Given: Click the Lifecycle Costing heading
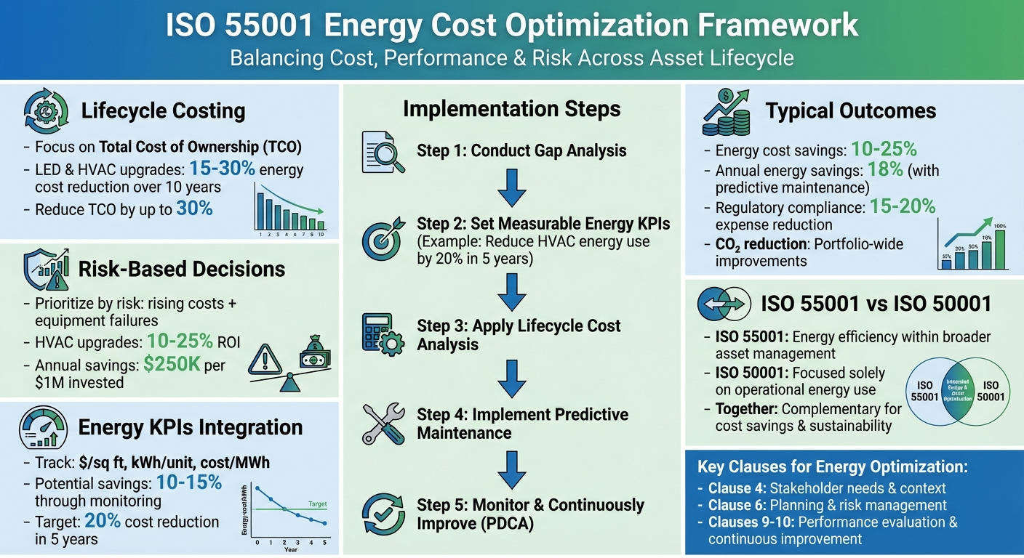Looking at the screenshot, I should coord(163,111).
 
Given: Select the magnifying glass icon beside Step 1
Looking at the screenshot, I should coord(378,152).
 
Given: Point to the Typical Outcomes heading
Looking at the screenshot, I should coord(851,111).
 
